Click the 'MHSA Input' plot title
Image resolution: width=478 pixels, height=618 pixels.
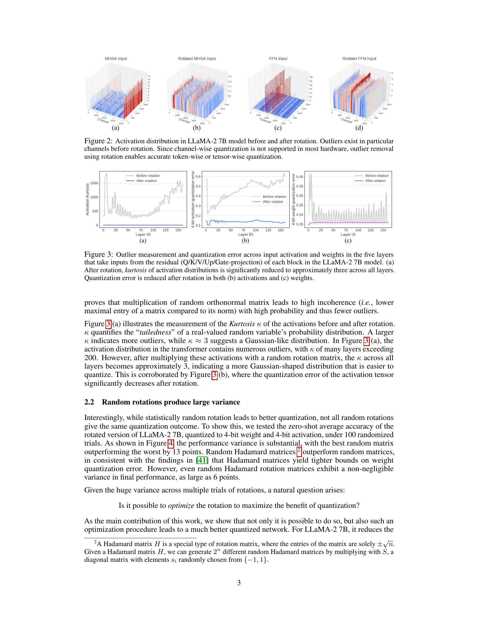point(116,59)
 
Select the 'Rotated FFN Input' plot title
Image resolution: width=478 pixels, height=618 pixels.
point(359,59)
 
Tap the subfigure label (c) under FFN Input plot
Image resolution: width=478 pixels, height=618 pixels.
point(278,128)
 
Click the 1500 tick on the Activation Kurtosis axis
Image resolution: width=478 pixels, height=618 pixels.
point(94,183)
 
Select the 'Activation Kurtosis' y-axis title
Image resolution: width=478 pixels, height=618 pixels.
point(87,199)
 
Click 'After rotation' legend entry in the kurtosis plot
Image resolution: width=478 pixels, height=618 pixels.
point(146,181)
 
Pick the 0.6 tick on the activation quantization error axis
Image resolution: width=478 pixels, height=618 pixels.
point(198,177)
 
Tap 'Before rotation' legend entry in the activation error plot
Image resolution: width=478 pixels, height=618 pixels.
point(274,197)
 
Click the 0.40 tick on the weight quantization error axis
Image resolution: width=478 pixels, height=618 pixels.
point(299,177)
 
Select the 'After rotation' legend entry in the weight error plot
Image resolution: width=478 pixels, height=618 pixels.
point(375,181)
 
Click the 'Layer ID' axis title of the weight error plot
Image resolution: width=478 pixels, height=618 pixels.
point(348,234)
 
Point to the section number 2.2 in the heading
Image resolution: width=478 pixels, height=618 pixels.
point(89,402)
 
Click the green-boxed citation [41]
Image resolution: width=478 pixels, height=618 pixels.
point(202,460)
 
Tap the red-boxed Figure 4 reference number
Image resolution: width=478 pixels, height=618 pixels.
point(171,443)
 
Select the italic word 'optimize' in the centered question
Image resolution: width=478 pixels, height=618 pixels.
point(181,506)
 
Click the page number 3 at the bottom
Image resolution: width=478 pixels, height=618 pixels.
point(239,583)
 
